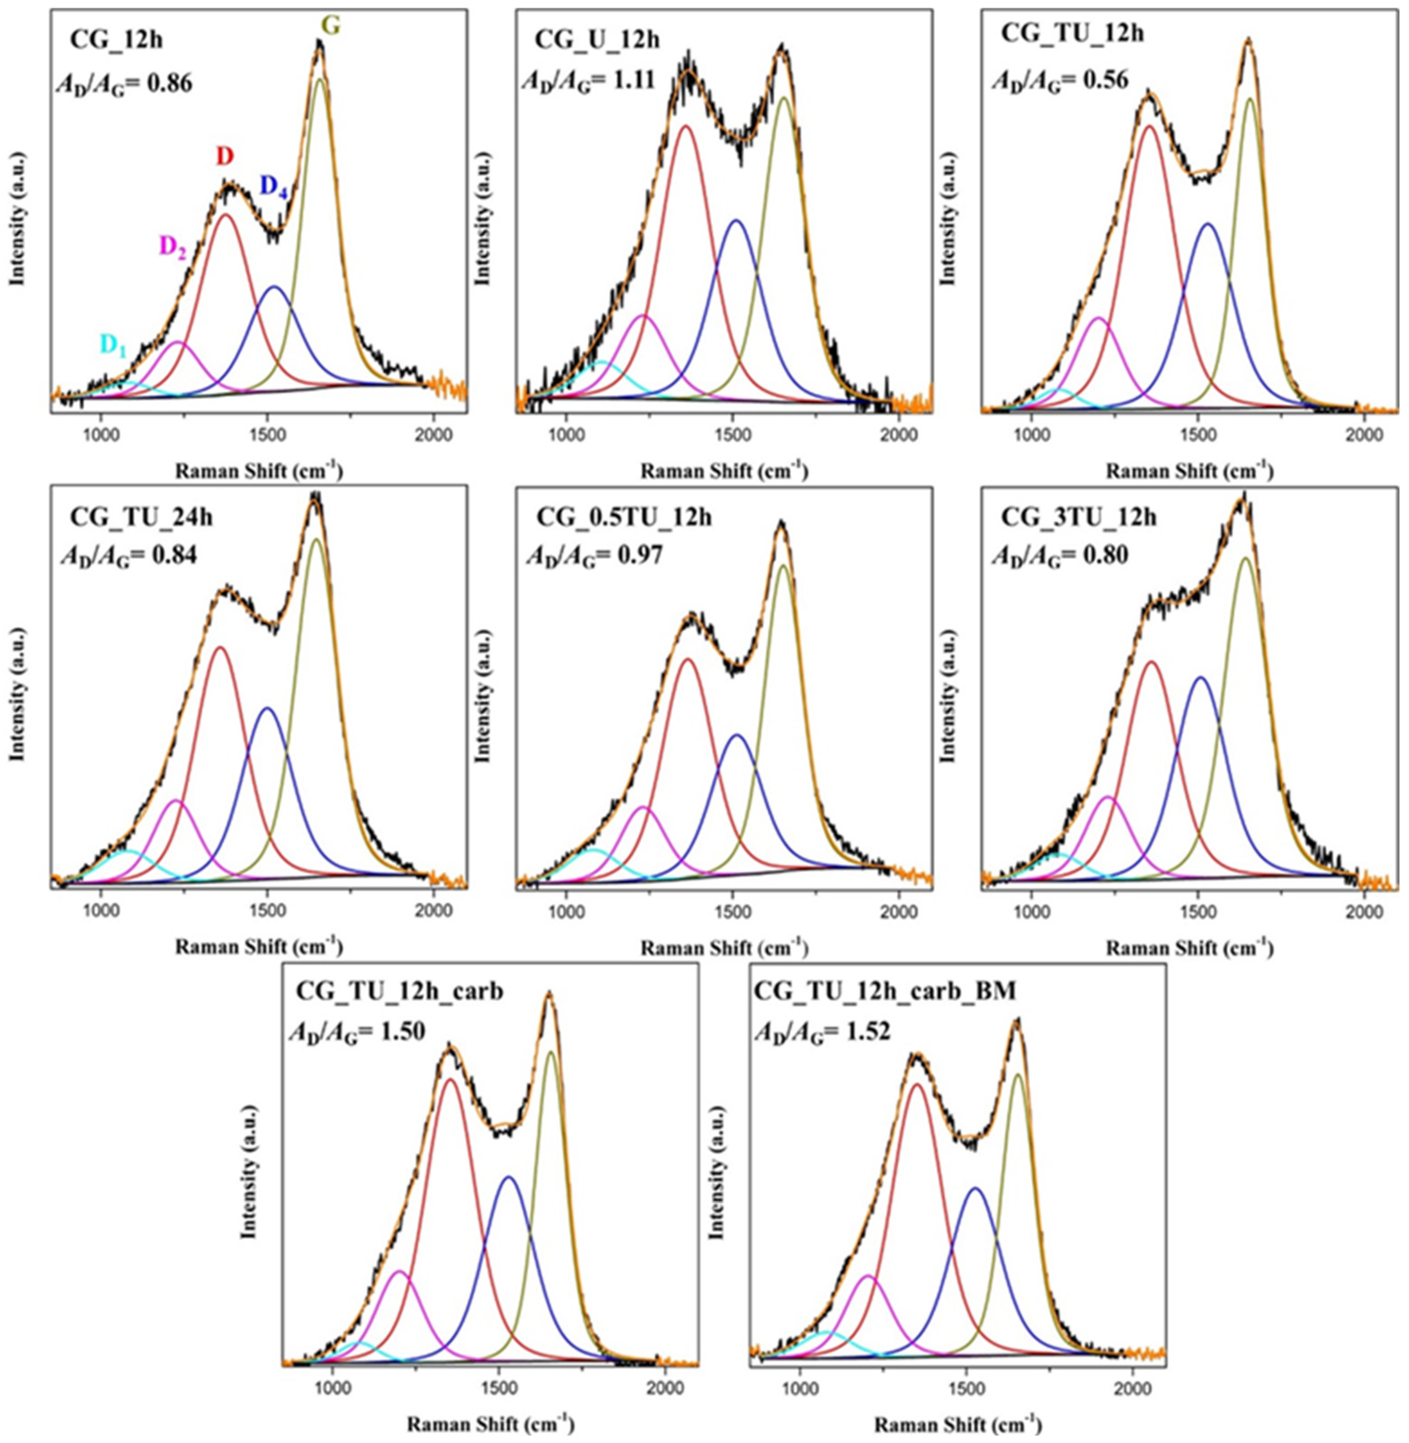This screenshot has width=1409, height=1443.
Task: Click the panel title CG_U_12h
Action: (x=598, y=39)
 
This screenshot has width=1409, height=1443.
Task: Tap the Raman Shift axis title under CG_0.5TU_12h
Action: (x=724, y=946)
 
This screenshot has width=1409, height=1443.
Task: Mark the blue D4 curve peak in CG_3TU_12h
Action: (x=1200, y=677)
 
